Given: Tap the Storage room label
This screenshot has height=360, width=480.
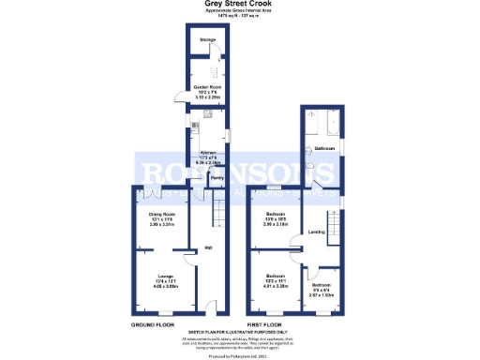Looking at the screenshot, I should click(x=206, y=39).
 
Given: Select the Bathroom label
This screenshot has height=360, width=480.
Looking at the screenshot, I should click(x=324, y=149).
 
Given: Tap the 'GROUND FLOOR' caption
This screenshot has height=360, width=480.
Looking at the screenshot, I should click(x=153, y=324).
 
